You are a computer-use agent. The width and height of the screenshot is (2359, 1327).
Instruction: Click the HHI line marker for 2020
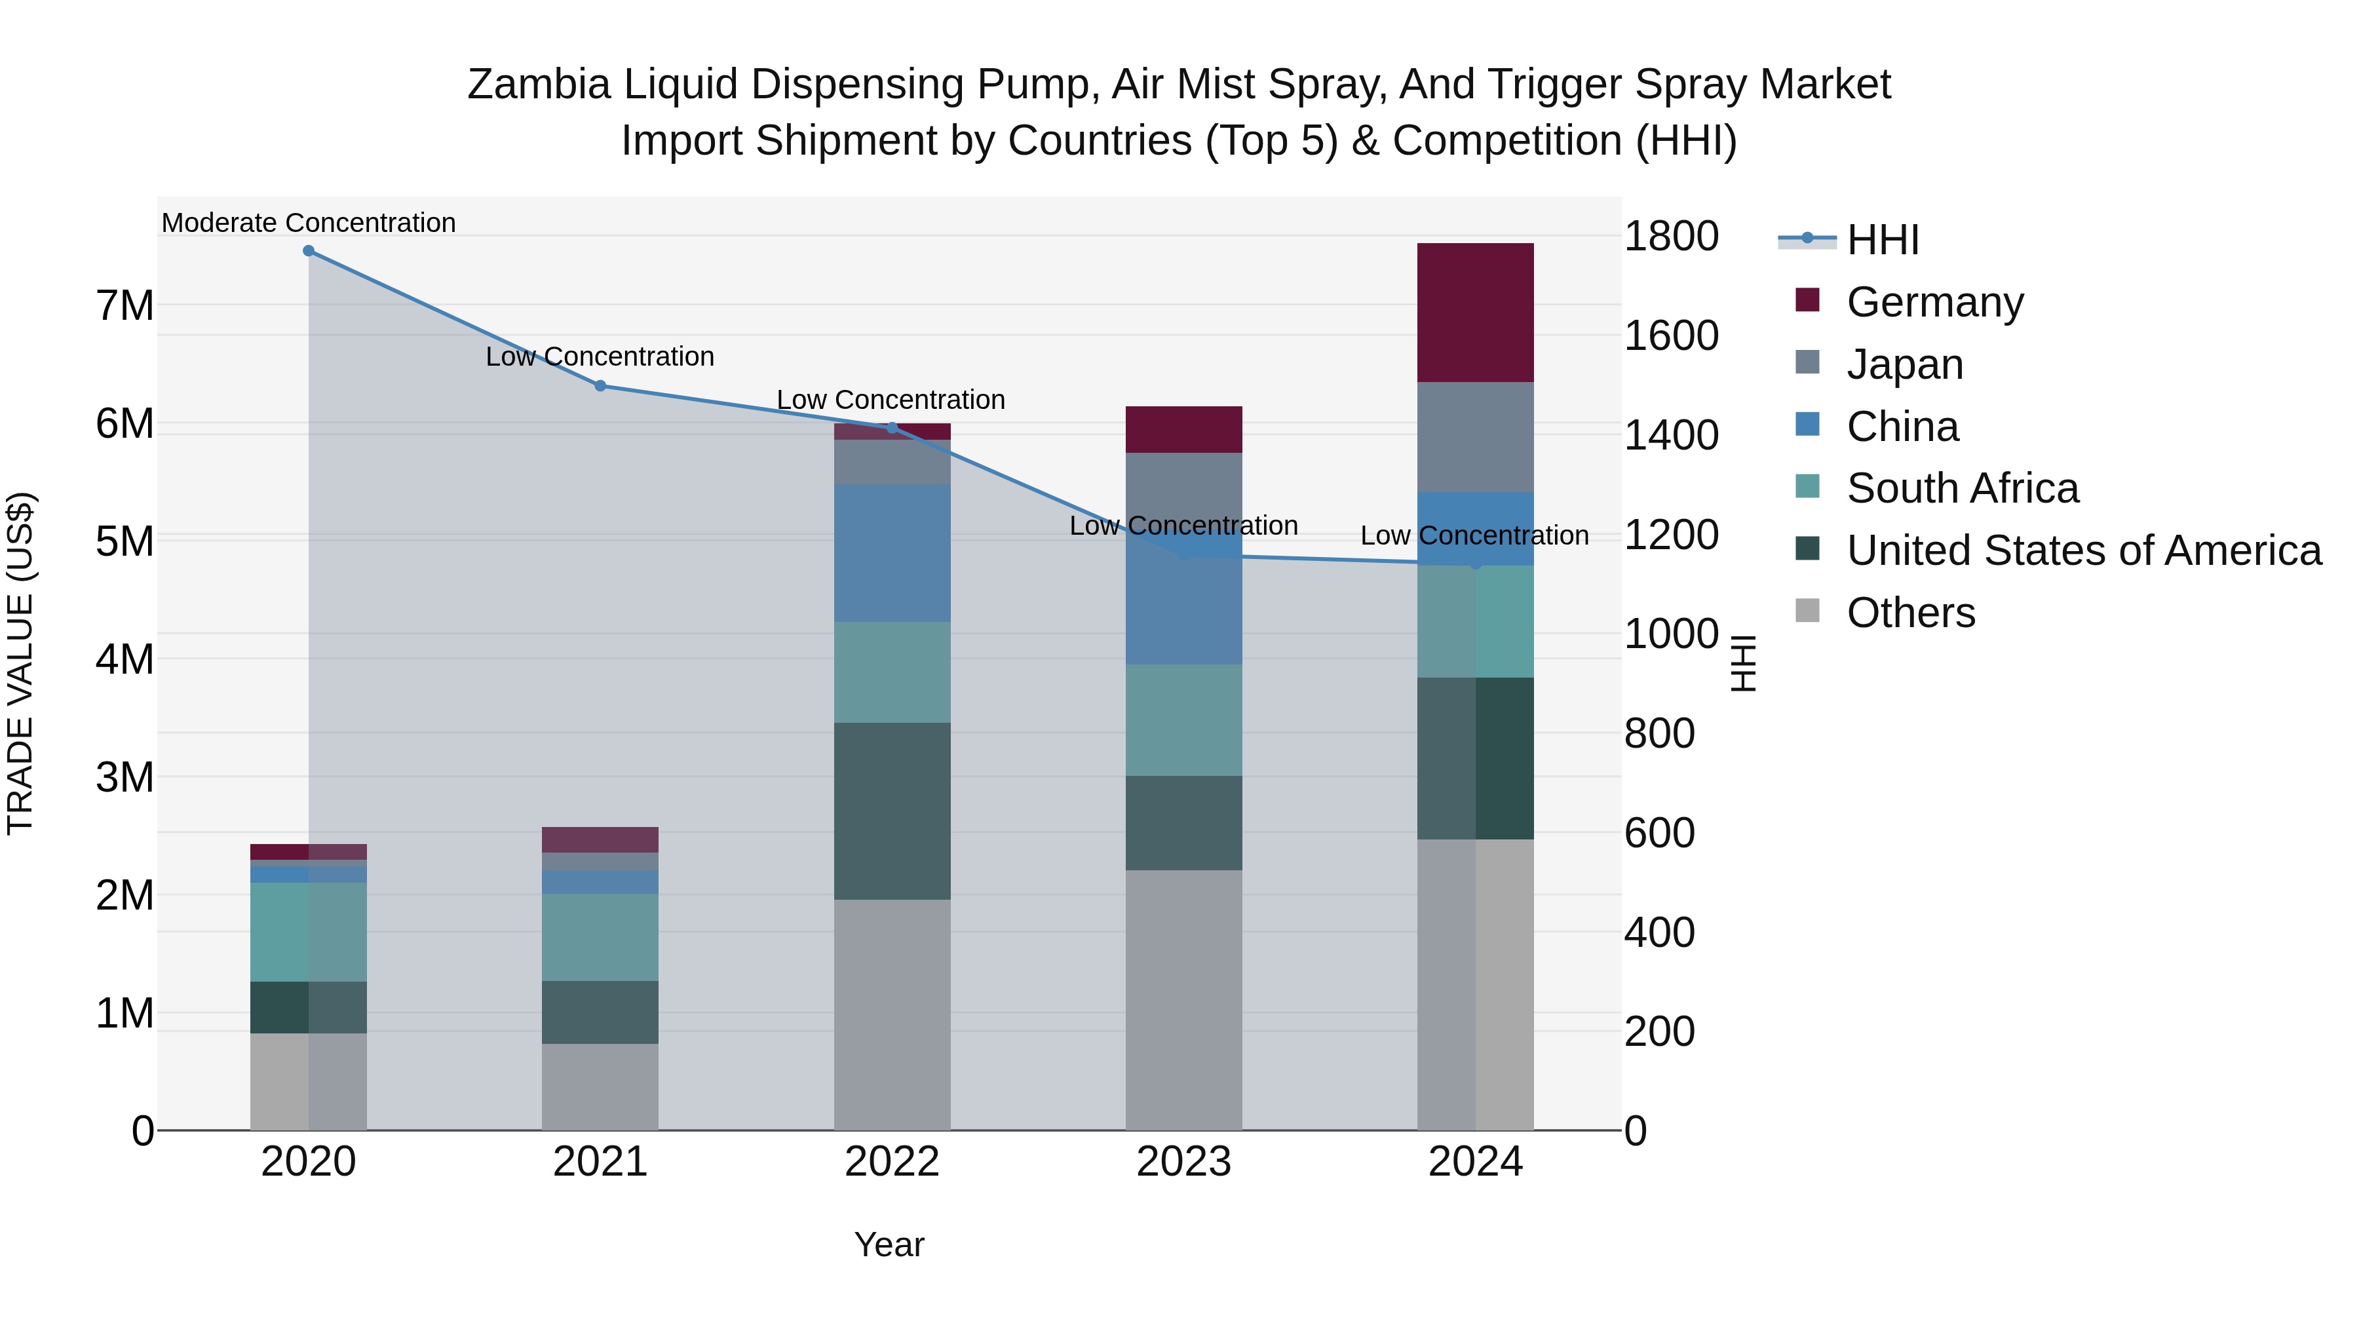click(x=309, y=251)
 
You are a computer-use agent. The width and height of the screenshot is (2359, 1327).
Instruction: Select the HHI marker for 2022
click(x=892, y=428)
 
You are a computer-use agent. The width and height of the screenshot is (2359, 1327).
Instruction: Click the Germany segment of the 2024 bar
click(x=1475, y=313)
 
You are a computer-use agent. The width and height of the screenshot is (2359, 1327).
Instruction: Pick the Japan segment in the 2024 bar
click(x=1475, y=437)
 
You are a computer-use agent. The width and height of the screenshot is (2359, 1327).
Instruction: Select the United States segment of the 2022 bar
click(x=892, y=811)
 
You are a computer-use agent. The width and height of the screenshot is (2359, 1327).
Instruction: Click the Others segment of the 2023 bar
click(x=1183, y=999)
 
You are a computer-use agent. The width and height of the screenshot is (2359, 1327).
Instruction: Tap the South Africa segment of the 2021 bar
click(x=600, y=937)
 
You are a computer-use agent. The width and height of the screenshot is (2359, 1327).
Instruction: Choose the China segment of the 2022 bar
click(x=892, y=553)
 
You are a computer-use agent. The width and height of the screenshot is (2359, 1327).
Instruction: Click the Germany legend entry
click(x=1934, y=302)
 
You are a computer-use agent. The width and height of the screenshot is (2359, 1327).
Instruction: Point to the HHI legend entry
click(x=1882, y=240)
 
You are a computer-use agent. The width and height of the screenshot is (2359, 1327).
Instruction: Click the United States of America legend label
click(x=2083, y=550)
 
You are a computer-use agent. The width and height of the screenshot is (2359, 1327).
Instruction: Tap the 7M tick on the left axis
click(x=125, y=306)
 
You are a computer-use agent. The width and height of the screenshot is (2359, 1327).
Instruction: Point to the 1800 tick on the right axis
click(x=1671, y=237)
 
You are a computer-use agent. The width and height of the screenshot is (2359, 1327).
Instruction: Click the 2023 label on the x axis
click(x=1183, y=1162)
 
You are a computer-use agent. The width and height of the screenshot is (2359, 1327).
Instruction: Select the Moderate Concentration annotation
click(x=309, y=223)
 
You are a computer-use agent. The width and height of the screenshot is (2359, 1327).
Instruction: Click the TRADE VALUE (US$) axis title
click(x=20, y=663)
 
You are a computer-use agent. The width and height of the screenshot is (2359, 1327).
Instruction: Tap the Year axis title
click(x=889, y=1244)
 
